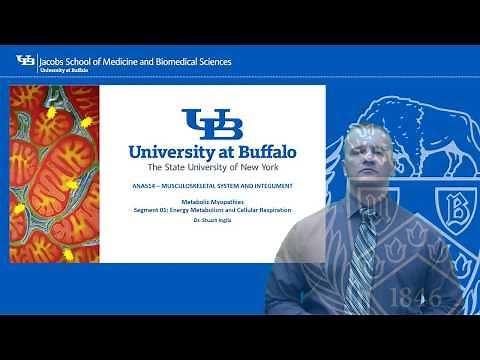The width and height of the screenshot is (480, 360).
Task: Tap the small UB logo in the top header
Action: (25, 62)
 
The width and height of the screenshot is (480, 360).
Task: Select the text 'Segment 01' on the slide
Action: (150, 209)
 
